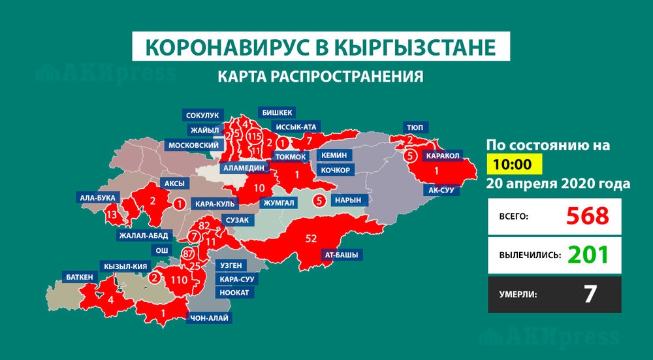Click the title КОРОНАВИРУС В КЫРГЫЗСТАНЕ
coord(321,49)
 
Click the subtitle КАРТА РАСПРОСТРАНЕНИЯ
coord(321,76)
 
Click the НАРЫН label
coord(348,200)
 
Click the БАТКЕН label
coord(79,277)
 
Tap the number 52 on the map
coord(311,237)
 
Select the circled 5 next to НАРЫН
coord(319,200)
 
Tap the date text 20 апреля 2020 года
coord(558,184)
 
